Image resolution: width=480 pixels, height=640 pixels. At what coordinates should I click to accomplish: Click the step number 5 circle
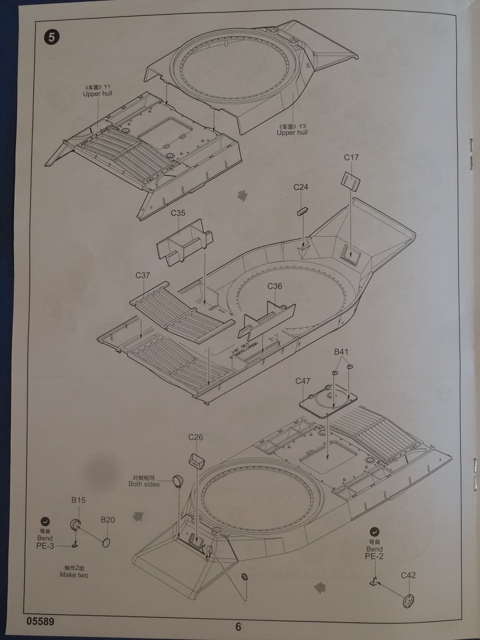(x=51, y=36)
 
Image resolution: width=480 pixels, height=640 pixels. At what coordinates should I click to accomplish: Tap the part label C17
(x=351, y=157)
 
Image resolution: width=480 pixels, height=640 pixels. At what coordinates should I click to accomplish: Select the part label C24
(x=301, y=188)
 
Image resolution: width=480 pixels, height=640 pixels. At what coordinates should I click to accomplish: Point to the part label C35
(x=178, y=213)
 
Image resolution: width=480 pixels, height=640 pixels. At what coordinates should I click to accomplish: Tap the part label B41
(x=341, y=352)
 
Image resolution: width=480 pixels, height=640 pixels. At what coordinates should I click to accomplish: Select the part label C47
(x=303, y=381)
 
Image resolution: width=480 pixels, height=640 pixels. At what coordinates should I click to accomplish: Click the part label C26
(x=195, y=437)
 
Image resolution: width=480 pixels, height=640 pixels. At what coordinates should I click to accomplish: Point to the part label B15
(x=78, y=499)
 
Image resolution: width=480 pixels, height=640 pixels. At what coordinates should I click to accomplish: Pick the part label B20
(x=107, y=520)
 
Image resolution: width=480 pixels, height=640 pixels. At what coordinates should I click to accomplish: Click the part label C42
(x=408, y=575)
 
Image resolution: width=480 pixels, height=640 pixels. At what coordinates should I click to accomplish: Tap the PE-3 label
(x=45, y=545)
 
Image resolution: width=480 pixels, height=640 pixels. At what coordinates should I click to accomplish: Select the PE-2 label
(x=374, y=557)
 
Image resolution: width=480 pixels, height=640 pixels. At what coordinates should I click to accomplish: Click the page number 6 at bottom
(x=238, y=627)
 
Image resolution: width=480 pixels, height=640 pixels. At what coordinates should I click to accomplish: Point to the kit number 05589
(x=40, y=621)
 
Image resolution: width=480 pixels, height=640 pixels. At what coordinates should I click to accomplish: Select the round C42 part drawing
(x=407, y=600)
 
